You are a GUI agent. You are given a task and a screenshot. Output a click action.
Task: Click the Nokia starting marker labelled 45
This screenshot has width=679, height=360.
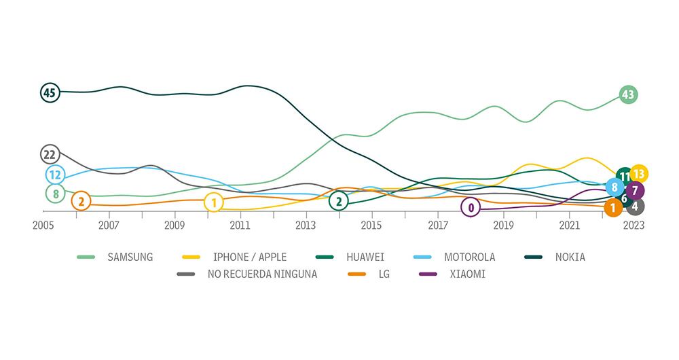coord(49,92)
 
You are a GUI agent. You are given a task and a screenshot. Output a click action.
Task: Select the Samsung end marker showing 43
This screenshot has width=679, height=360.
coord(628,95)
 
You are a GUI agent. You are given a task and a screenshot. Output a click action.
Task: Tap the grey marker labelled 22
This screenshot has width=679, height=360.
coord(49,154)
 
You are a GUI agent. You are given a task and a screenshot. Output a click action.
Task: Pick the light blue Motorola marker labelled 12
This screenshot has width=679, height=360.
coord(56,175)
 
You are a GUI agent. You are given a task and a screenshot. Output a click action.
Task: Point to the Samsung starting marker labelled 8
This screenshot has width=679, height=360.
coord(56,194)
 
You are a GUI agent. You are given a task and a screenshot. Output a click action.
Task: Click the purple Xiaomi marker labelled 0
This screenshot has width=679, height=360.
coord(471,207)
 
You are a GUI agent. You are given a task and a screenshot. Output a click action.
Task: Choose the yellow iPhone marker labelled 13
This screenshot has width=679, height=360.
coord(639,174)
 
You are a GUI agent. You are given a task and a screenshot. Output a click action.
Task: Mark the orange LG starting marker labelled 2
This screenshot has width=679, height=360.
coord(81,201)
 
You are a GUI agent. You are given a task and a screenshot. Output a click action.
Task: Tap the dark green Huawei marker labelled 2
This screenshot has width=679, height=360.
coord(338,201)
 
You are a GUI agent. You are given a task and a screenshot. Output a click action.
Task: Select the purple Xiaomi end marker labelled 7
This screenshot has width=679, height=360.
coord(634,190)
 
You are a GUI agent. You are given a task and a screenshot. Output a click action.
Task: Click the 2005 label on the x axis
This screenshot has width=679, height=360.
coord(43,226)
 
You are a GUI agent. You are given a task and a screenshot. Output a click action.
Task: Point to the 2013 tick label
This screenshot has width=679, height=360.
coord(306,226)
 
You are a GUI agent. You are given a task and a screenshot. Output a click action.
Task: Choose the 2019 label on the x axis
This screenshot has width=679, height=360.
coord(503,226)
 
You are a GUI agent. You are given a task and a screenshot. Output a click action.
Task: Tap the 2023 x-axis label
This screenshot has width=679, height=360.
coord(634,226)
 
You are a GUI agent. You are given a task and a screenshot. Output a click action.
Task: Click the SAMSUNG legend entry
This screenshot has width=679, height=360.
coord(130,257)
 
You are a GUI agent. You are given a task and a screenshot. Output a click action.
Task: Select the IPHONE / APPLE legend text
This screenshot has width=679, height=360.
coord(249,257)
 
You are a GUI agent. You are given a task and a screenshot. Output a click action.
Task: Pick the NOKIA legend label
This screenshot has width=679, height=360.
coord(570,257)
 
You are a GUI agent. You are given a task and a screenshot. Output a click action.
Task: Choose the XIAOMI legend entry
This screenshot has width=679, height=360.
coord(467,274)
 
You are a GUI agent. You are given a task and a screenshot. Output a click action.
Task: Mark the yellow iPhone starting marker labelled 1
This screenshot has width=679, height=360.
coord(214,202)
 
